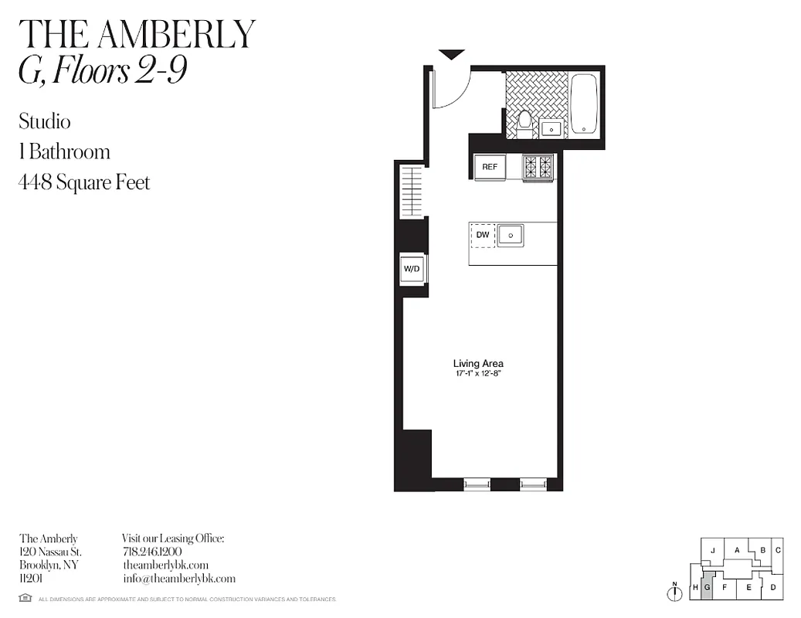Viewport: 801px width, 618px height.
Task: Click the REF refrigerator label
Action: click(490, 167)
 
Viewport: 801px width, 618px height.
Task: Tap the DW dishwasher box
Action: click(483, 235)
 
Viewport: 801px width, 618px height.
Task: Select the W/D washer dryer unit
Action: click(411, 270)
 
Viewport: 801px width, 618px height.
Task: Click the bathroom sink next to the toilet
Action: click(551, 128)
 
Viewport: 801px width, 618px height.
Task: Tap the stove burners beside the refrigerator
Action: click(538, 167)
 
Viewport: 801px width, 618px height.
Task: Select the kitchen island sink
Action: click(511, 235)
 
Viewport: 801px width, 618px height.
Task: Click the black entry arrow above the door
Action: click(452, 54)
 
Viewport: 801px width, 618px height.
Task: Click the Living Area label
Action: click(479, 363)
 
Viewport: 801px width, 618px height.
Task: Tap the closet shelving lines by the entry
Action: click(412, 191)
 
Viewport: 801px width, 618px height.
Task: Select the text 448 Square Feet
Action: click(84, 182)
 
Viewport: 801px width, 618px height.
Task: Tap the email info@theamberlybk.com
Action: click(178, 578)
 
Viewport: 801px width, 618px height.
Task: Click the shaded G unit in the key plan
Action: click(706, 587)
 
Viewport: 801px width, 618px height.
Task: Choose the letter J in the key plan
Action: click(712, 550)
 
